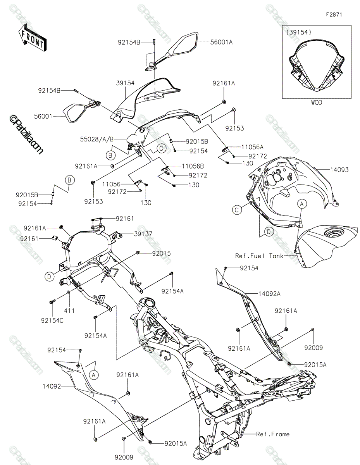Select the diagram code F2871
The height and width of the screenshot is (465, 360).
coord(334,14)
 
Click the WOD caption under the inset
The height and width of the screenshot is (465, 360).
coord(316,103)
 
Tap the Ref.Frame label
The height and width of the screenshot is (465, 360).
coord(273,434)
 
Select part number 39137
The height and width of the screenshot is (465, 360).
coord(133,234)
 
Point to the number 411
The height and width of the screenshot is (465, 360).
coord(69,310)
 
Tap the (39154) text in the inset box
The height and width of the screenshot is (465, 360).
coord(299,33)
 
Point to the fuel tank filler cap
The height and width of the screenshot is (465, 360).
coord(333,234)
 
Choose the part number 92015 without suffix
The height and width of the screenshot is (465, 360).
coord(150,253)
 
